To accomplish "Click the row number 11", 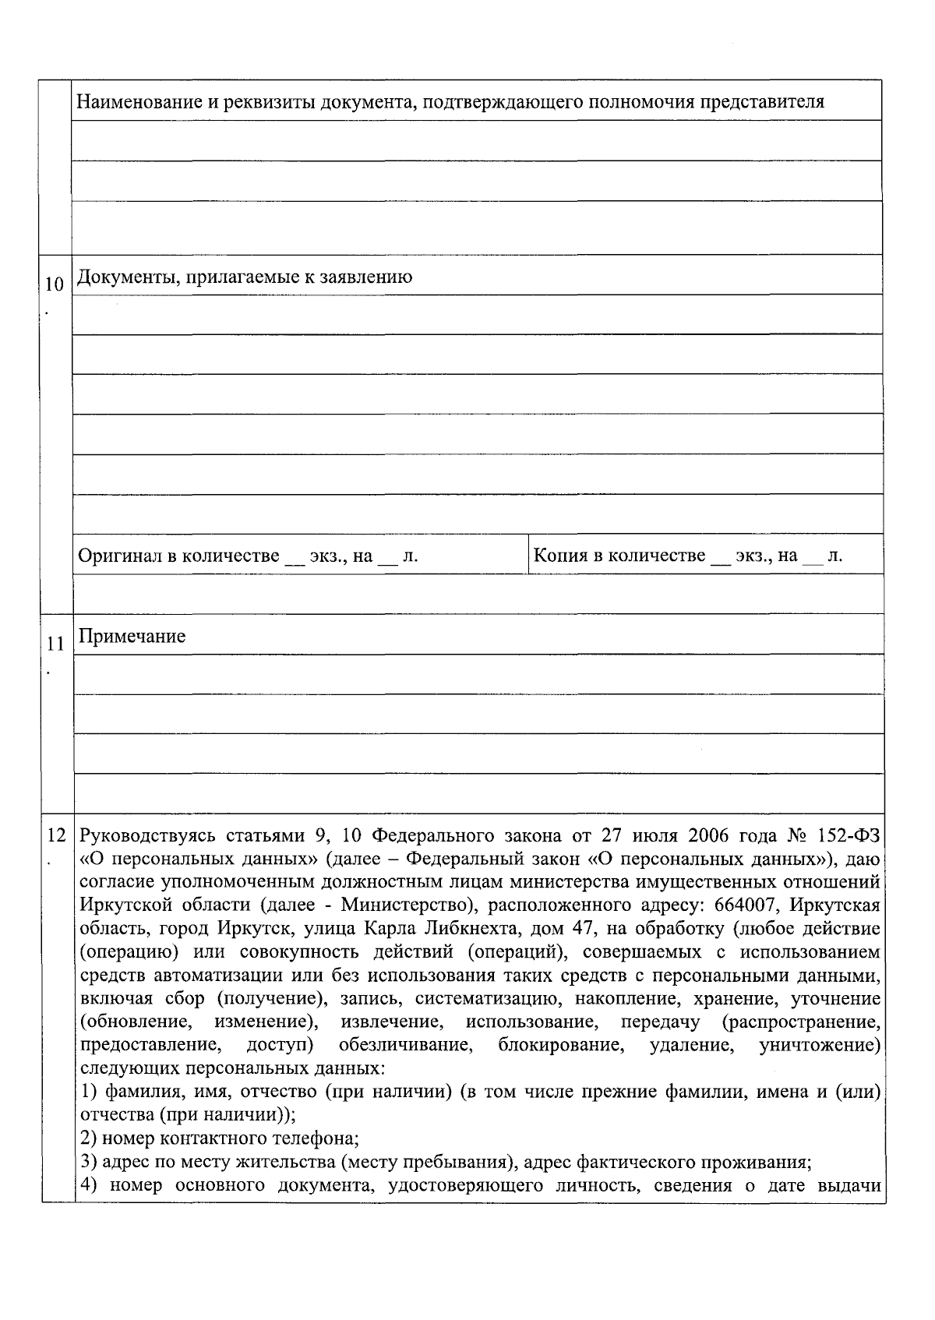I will tap(54, 644).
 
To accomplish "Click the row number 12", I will tap(56, 836).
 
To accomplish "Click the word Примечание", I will tap(132, 637).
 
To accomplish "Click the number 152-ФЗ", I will tap(849, 836).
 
